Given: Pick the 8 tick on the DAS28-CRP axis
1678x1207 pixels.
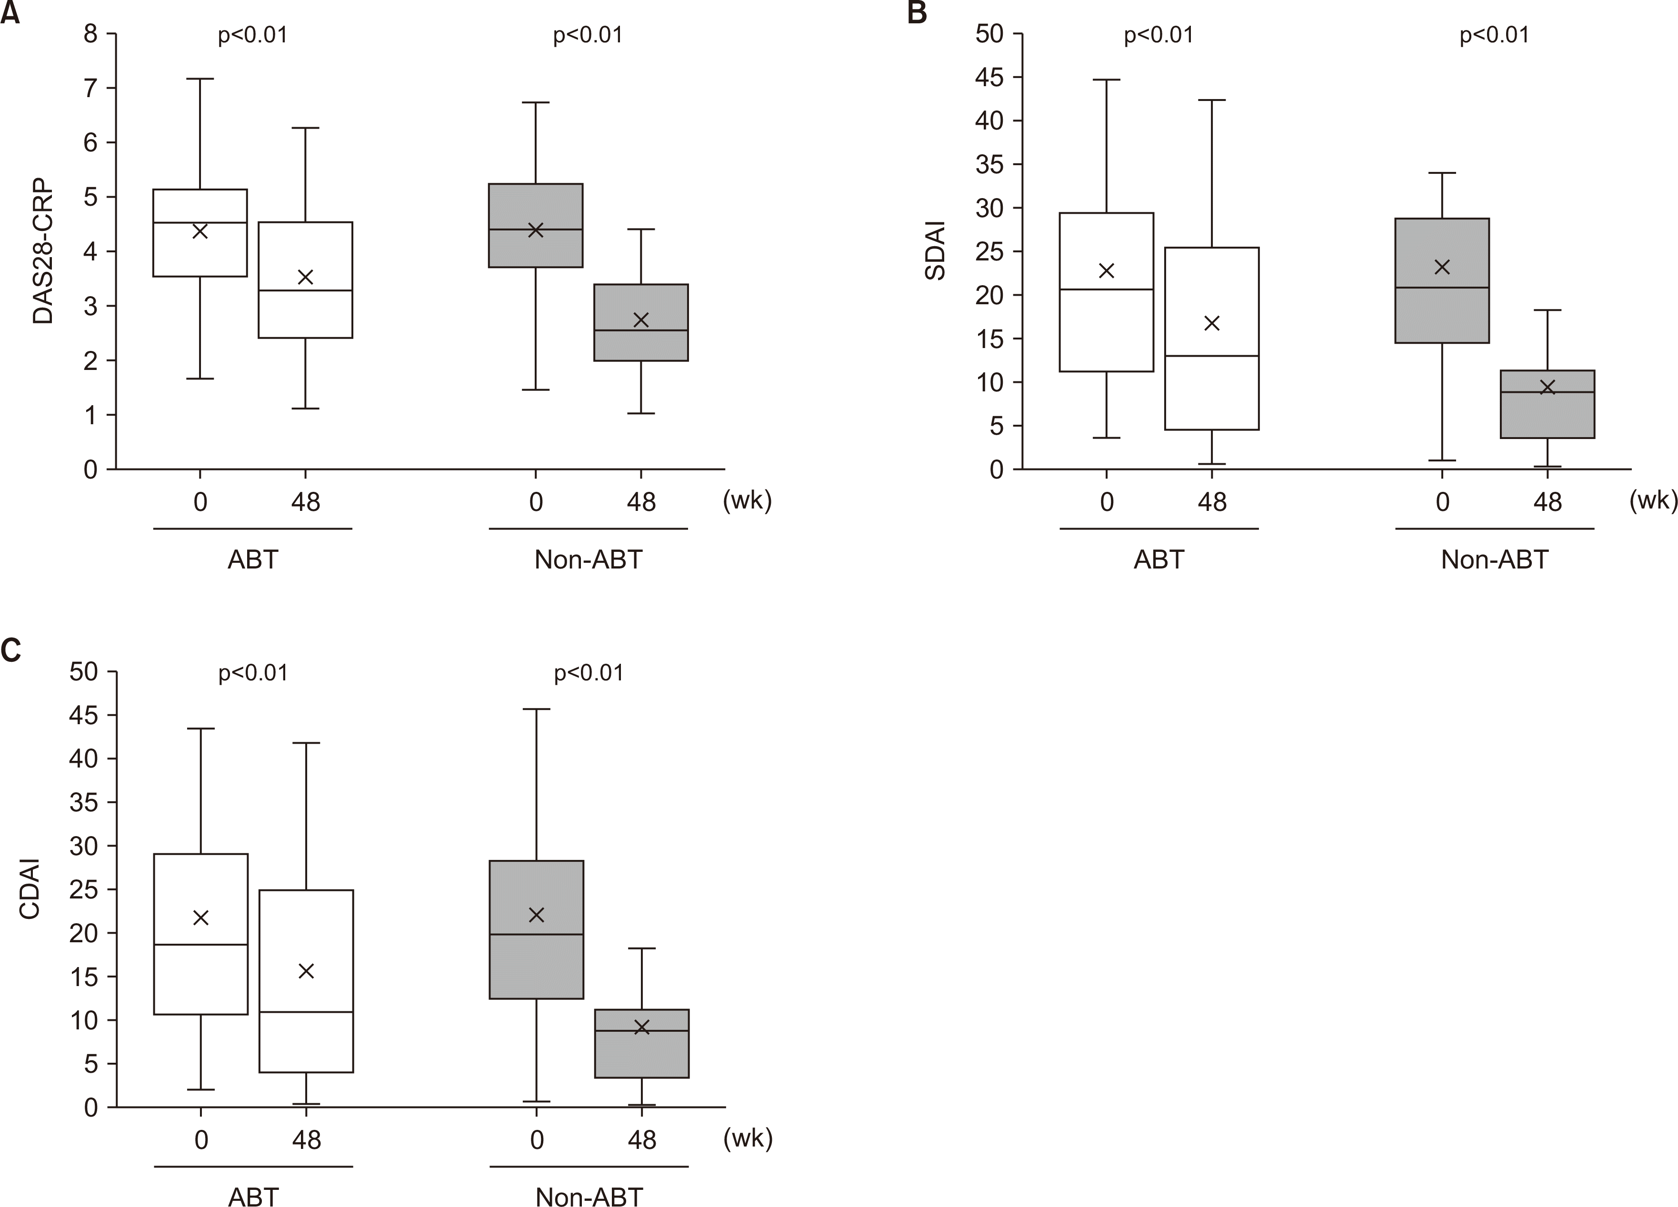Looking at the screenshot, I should (91, 34).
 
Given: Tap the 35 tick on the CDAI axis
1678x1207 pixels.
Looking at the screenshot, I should (84, 802).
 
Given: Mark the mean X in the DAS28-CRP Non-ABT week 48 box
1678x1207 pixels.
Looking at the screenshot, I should (641, 319).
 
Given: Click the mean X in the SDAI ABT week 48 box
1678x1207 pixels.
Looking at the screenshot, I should (1212, 323).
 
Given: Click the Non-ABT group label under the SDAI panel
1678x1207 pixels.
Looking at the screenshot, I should (1495, 559).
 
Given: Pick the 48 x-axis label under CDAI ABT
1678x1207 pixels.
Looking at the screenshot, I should (306, 1140).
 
